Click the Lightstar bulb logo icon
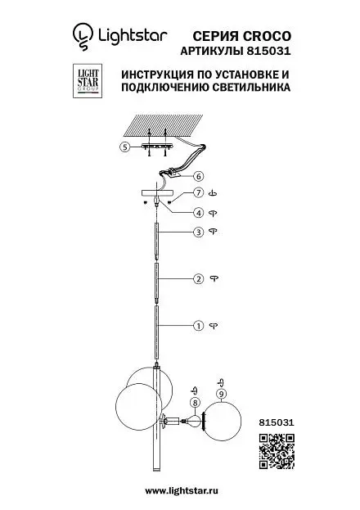pos(83,36)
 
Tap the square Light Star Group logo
pos(88,81)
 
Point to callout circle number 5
pos(125,147)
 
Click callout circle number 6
pos(198,177)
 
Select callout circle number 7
pos(198,193)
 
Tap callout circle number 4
pos(198,213)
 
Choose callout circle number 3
pos(198,232)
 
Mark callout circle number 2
pos(198,279)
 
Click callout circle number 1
pos(198,326)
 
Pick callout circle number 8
pos(195,403)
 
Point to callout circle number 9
pos(221,394)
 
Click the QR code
pos(277,451)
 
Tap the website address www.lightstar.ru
pos(182,490)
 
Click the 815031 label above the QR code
pos(277,422)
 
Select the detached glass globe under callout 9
pos(223,421)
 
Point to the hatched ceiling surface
pos(164,125)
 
